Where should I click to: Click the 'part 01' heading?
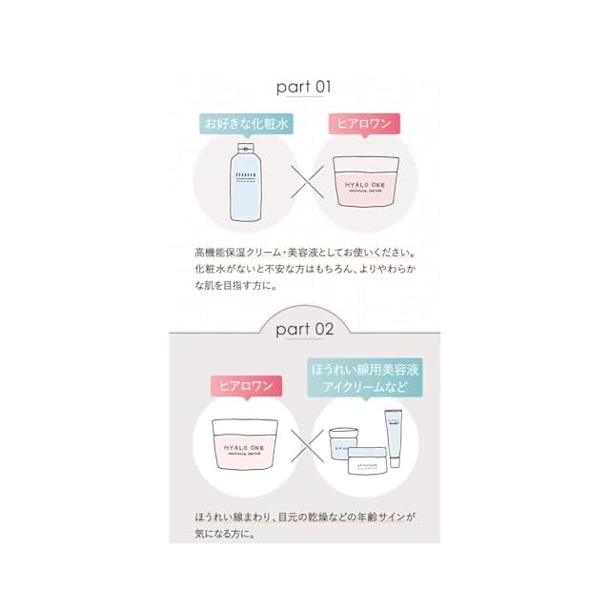coord(303,87)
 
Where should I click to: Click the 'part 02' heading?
coord(303,330)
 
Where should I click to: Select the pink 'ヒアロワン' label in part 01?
coord(365,124)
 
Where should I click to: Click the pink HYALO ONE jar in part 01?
coord(365,181)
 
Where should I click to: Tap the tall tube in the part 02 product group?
coord(392,435)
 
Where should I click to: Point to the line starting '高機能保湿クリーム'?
coord(303,253)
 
